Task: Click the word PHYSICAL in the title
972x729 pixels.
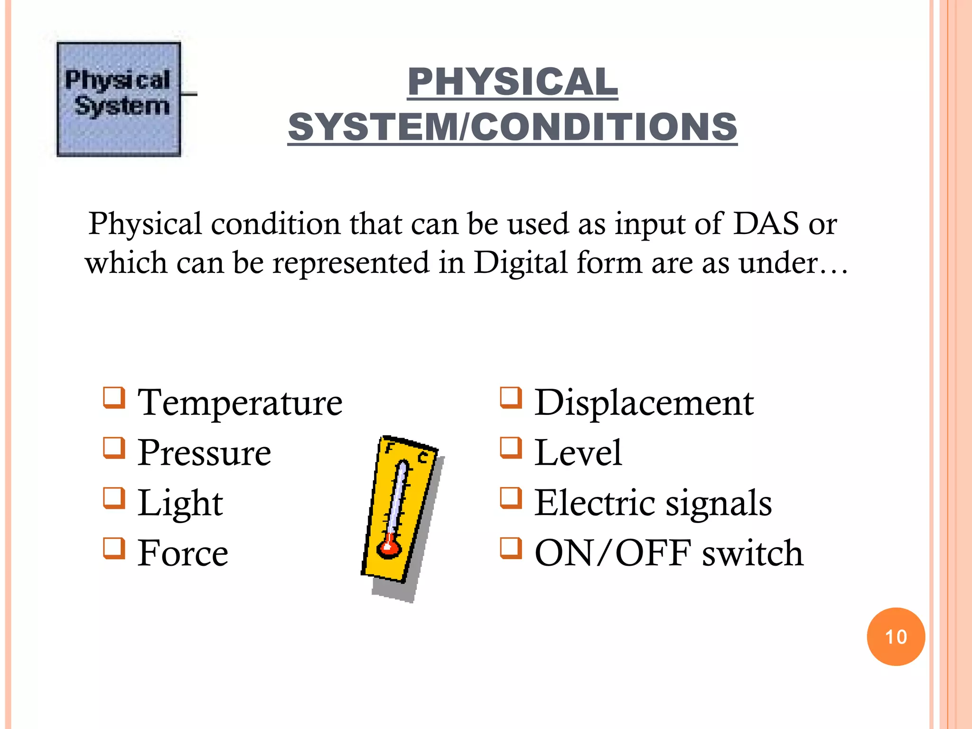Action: pos(513,82)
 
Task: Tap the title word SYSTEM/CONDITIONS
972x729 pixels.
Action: pos(513,127)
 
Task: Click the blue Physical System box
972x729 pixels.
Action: pos(119,99)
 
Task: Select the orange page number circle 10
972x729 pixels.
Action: pos(896,636)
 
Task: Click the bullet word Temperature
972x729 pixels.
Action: pos(240,402)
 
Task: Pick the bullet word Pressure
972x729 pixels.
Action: pos(204,453)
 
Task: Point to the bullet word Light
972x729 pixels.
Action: pos(180,503)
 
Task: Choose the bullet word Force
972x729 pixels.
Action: pos(183,553)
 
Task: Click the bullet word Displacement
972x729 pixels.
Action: pos(644,402)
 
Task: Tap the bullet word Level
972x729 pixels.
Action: pos(578,453)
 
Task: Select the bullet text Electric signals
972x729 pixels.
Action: pos(653,503)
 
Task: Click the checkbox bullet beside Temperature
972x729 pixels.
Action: pos(114,398)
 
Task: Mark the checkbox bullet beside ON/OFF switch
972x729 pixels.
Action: pos(511,548)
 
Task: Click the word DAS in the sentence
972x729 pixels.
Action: pos(766,223)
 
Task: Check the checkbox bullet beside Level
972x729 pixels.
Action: pos(511,448)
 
